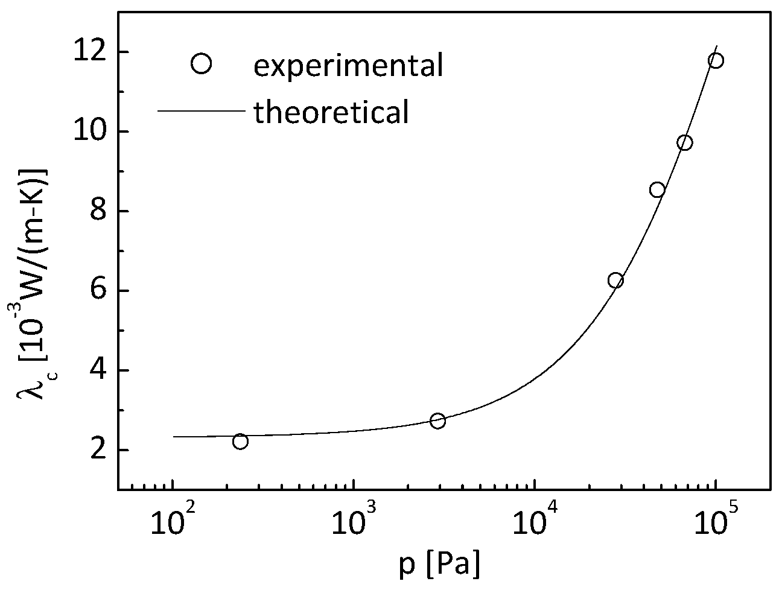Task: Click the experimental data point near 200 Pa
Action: tap(240, 441)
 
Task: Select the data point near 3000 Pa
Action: tap(438, 420)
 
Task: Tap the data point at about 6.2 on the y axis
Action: tap(615, 280)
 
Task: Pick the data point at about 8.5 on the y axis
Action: tap(657, 189)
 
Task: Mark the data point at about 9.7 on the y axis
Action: tap(684, 142)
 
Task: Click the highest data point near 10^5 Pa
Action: tap(716, 60)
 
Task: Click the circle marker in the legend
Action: tap(200, 63)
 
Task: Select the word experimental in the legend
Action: tap(348, 65)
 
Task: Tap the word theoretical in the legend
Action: tap(331, 112)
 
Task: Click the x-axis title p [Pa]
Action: tap(440, 567)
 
